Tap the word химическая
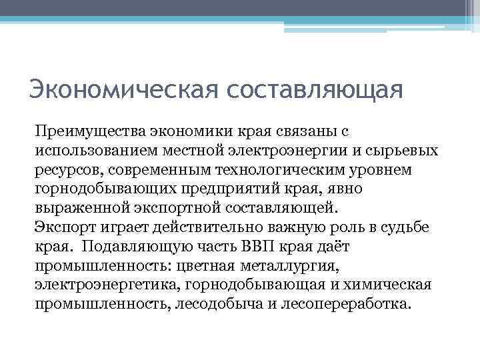392,284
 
